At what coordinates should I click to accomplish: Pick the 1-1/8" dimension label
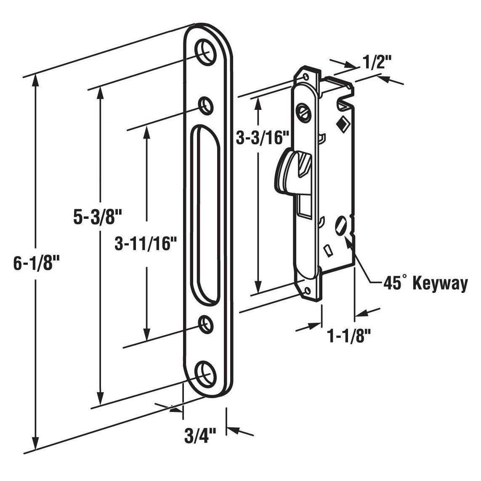(x=349, y=337)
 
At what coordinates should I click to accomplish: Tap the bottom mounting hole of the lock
(x=308, y=290)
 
